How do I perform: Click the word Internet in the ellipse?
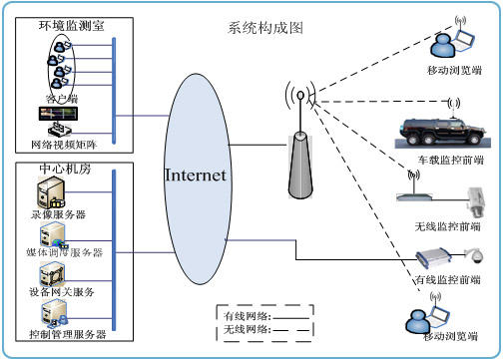pos(196,175)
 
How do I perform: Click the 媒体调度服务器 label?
pos(65,253)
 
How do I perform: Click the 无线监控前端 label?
pos(446,226)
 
